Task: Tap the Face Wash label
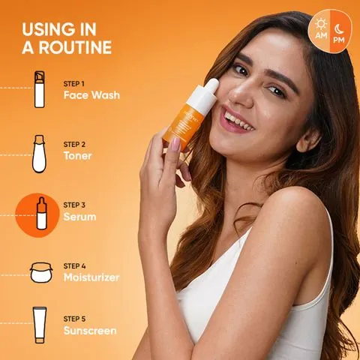(91, 95)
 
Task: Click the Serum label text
(79, 217)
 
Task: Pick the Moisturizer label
(91, 277)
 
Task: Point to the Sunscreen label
(90, 331)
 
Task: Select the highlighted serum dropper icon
(42, 214)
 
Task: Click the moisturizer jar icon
(41, 273)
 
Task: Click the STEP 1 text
(74, 83)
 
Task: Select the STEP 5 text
(74, 319)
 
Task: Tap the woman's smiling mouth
(236, 121)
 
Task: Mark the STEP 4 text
(74, 266)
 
